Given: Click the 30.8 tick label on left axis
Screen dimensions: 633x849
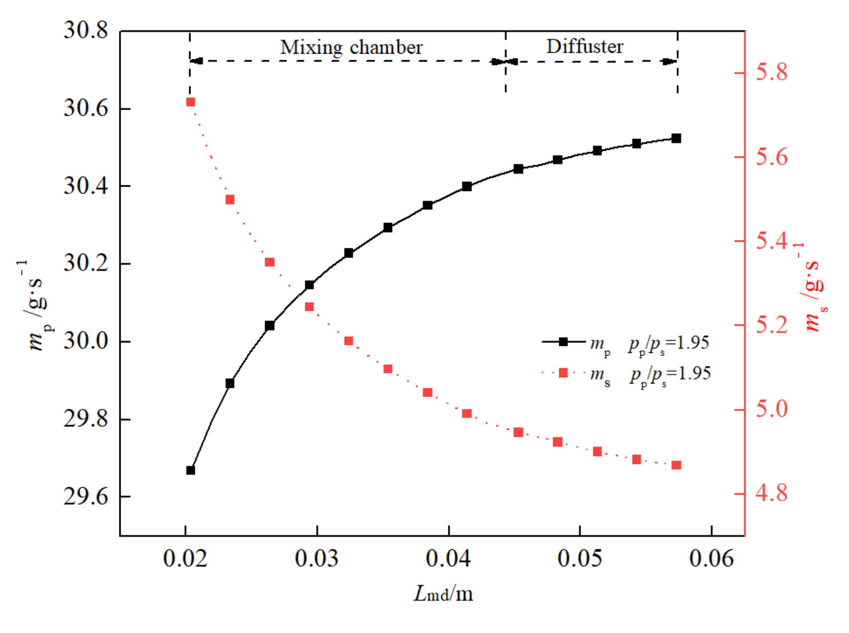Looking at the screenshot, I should click(x=86, y=31).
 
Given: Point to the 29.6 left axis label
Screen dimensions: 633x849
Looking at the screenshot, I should click(x=86, y=496).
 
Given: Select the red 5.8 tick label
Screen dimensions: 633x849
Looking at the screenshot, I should click(x=771, y=72).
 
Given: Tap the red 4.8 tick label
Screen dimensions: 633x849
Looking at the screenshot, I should click(x=771, y=493).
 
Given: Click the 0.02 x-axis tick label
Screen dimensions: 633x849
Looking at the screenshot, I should click(x=185, y=558).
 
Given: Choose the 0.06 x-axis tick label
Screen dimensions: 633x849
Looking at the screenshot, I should click(x=711, y=558).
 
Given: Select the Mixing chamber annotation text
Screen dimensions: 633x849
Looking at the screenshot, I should click(x=351, y=47).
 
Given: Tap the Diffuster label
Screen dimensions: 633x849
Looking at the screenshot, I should click(x=584, y=47).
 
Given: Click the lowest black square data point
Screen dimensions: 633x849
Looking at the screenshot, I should click(x=191, y=470).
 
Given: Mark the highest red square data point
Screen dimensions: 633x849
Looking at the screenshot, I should click(x=191, y=102).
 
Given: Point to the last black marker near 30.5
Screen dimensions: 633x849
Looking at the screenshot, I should click(x=676, y=139).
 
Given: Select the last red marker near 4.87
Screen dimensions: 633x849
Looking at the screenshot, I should click(x=676, y=465).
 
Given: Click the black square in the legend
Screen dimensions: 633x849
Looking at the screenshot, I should click(x=563, y=342).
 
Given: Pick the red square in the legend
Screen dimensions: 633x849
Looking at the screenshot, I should click(x=563, y=373).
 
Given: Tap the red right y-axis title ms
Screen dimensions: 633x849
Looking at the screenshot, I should click(x=813, y=288).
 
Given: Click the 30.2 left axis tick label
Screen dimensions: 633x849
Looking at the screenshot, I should click(x=86, y=263).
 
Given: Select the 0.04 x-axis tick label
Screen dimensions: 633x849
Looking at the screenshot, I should click(x=448, y=558).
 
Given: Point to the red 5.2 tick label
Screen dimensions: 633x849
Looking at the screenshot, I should click(x=771, y=325).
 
